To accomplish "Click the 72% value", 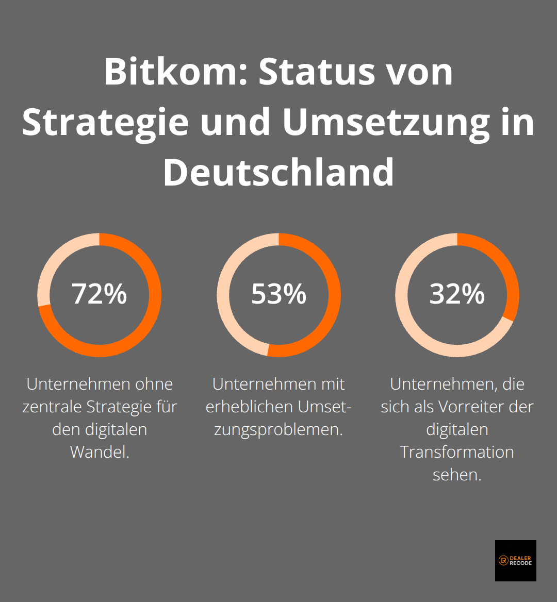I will pyautogui.click(x=99, y=294).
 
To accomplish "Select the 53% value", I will pyautogui.click(x=278, y=294).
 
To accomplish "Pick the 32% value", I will pyautogui.click(x=457, y=294).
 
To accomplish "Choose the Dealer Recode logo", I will pyautogui.click(x=515, y=561).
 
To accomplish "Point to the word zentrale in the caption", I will pyautogui.click(x=52, y=407).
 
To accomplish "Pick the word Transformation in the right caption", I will pyautogui.click(x=457, y=452).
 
